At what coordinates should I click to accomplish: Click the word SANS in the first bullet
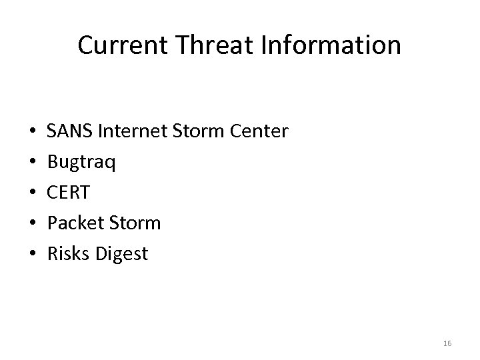tap(70, 131)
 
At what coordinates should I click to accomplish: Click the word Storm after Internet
tap(196, 131)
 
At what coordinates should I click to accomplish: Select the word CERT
tap(67, 193)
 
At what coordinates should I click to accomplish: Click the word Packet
tap(75, 223)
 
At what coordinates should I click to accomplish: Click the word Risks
tap(67, 254)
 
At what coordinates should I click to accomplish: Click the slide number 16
tap(447, 343)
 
